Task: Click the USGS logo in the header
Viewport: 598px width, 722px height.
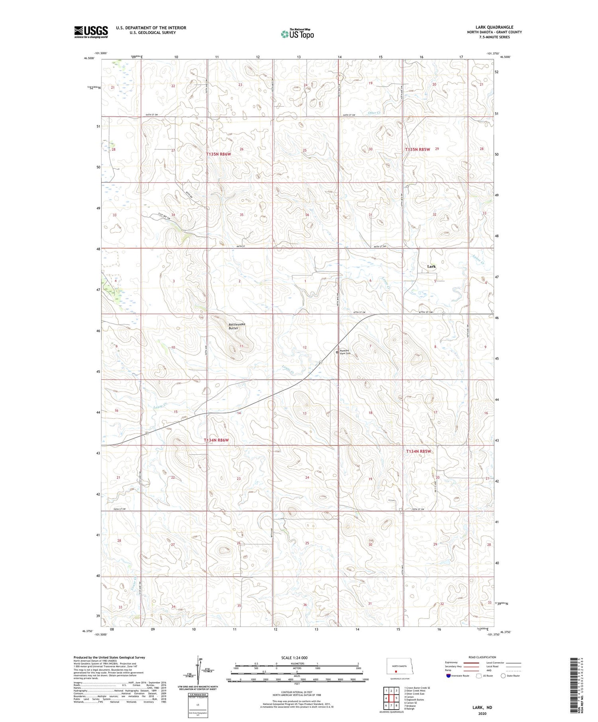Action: coord(91,32)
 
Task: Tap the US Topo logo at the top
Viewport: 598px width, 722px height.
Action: coord(297,34)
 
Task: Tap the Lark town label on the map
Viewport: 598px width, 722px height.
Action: coord(431,266)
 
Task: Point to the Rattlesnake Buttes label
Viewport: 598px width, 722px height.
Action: coord(237,326)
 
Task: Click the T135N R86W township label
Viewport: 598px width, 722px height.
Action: coord(218,154)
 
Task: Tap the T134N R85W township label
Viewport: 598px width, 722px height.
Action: coord(419,451)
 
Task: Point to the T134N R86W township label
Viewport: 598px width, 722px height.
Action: coord(216,440)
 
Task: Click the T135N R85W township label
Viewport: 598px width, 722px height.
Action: coord(417,149)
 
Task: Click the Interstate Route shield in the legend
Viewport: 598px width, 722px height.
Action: coord(448,676)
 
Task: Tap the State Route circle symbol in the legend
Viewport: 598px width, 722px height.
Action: coord(503,676)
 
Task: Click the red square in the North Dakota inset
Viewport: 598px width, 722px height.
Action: coord(396,670)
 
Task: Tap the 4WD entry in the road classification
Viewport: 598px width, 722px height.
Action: coord(490,670)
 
